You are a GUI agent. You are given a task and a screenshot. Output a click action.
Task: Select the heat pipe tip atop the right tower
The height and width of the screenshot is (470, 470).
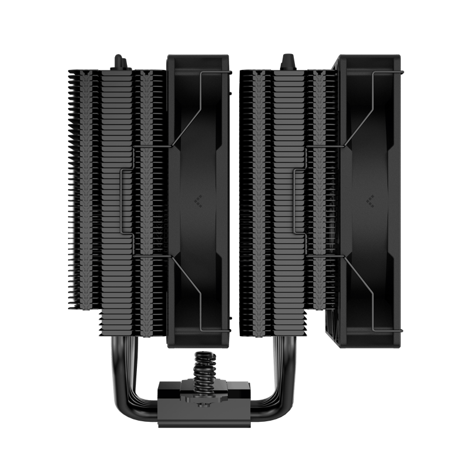(x=288, y=60)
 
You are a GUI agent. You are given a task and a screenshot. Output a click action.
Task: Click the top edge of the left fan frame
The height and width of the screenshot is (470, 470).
(x=199, y=56)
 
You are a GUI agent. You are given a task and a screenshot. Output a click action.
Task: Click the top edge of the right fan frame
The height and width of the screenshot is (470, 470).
(x=371, y=56)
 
